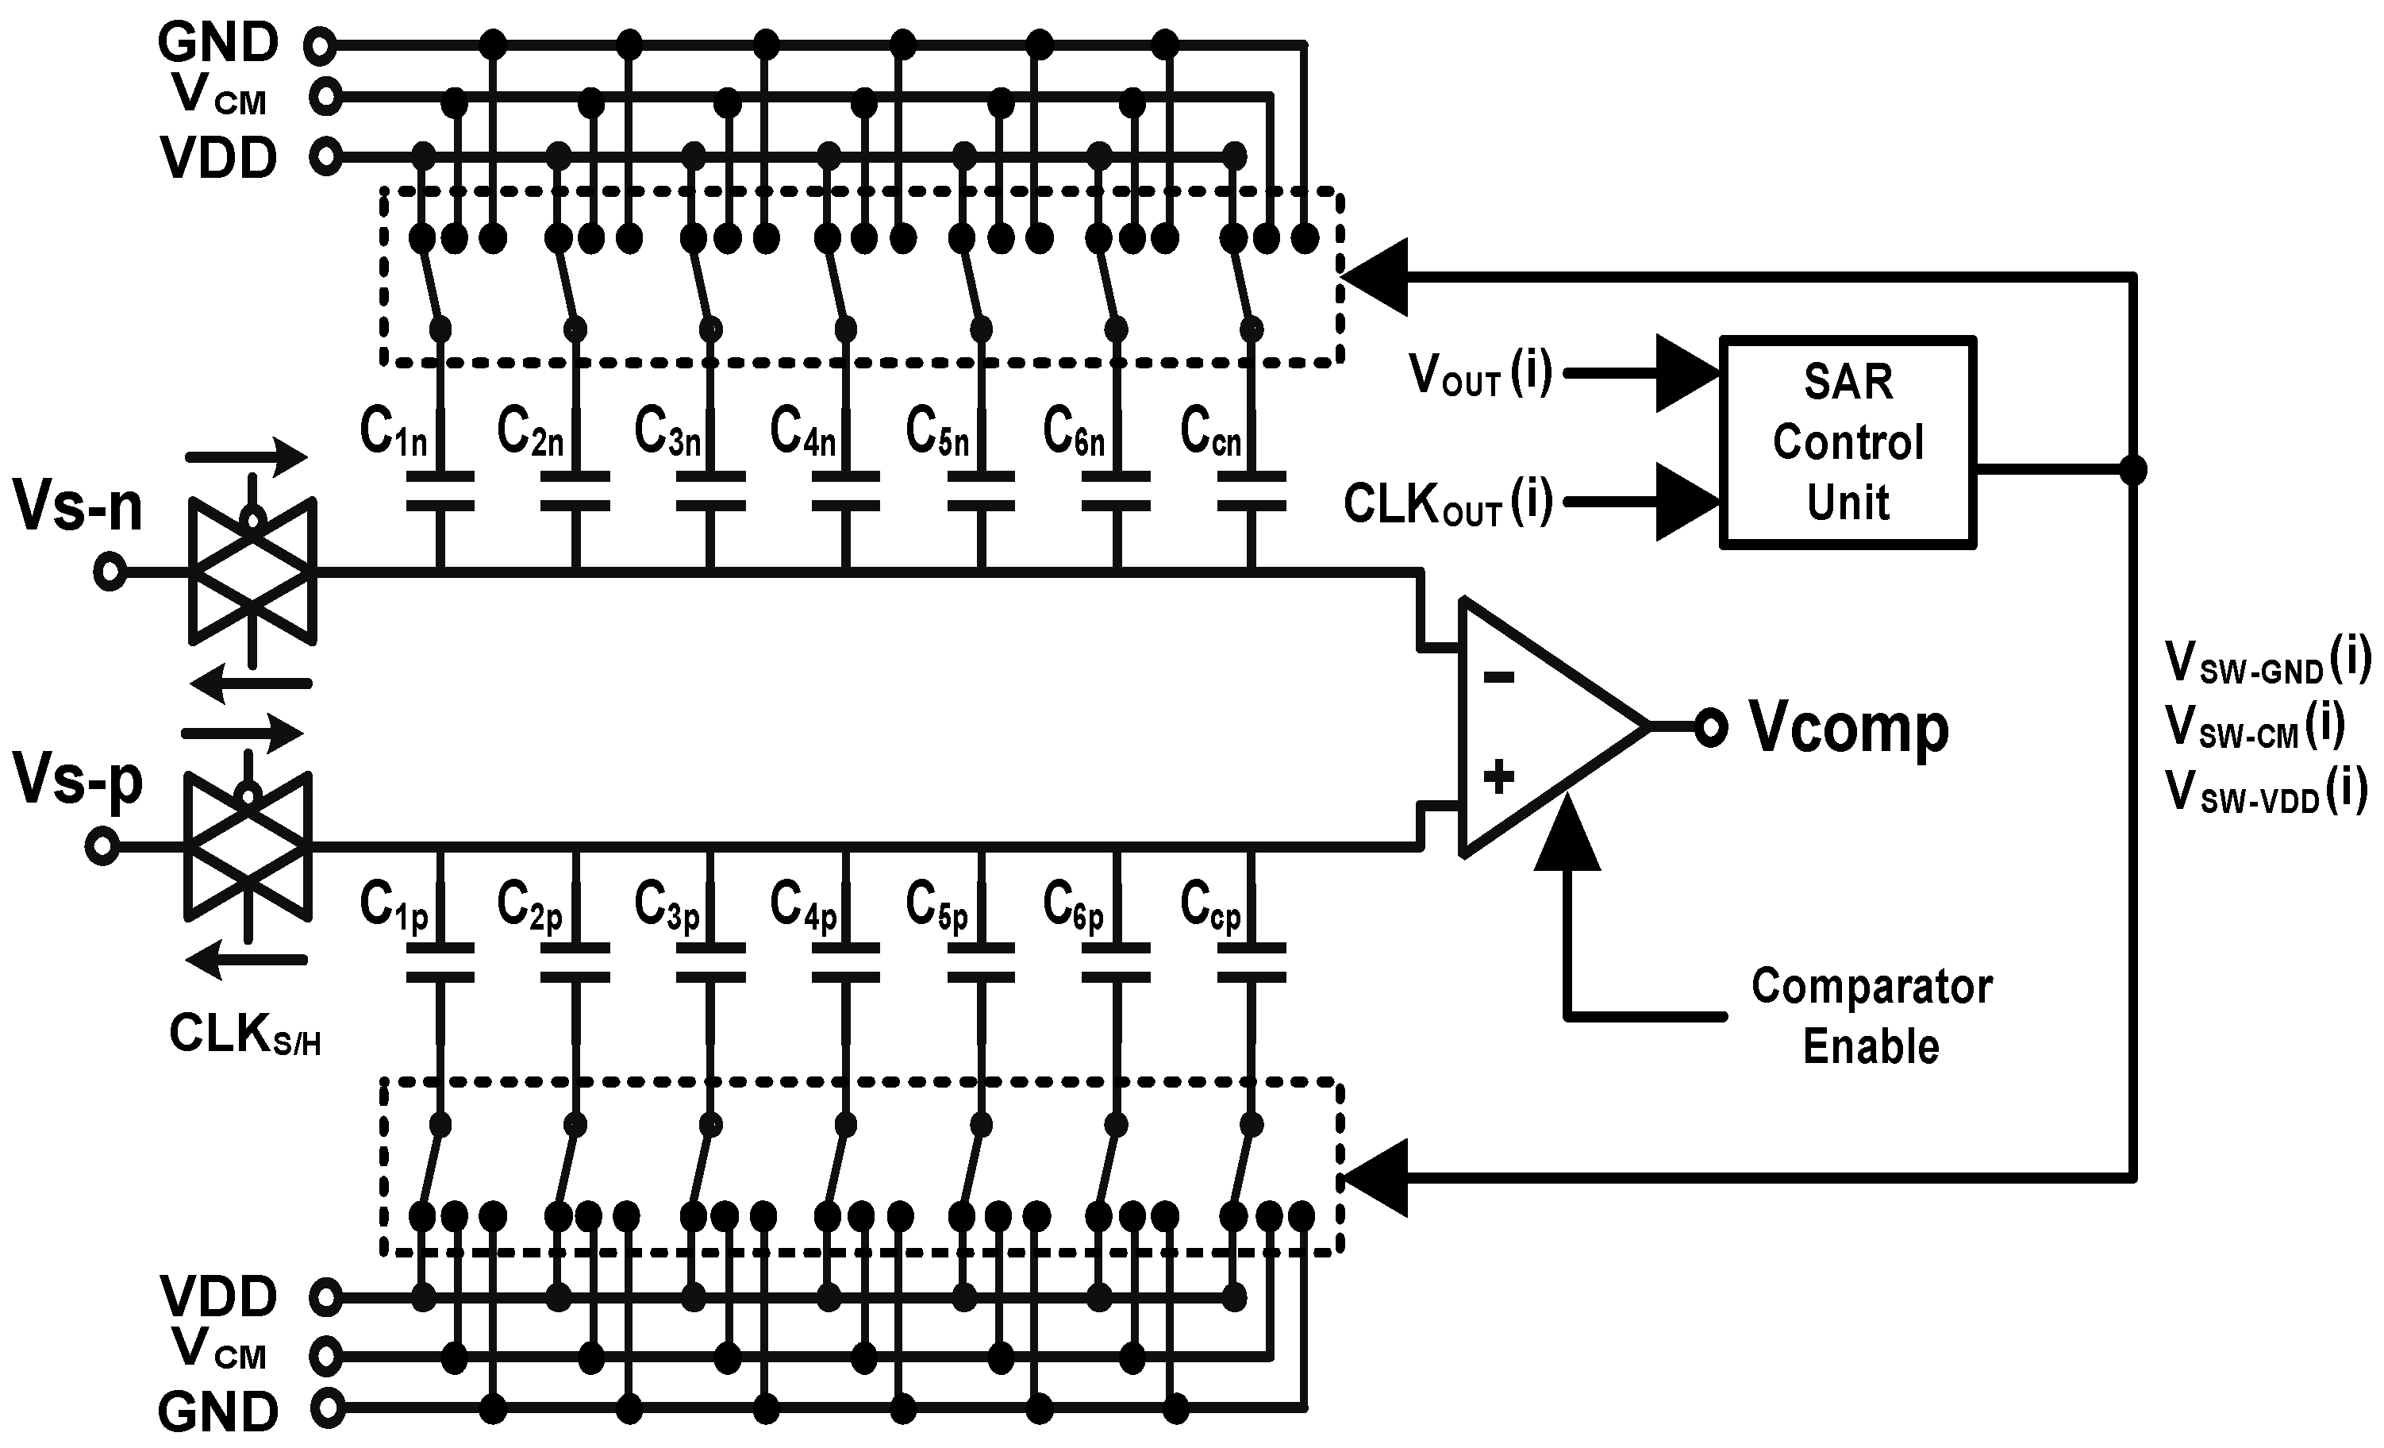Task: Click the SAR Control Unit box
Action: (1847, 442)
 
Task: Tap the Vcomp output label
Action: (1848, 728)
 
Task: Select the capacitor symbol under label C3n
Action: (710, 491)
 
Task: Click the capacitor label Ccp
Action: (1209, 907)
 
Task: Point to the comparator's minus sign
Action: (1498, 677)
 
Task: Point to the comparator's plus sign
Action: (1498, 776)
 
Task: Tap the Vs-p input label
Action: (78, 780)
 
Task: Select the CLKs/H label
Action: (244, 1034)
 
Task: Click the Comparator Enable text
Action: (1871, 1016)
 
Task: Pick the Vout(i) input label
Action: (1479, 374)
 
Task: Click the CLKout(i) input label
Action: (1448, 503)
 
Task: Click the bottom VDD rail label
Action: (219, 1296)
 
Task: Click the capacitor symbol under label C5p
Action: (981, 963)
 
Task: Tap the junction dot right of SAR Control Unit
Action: (2132, 469)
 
